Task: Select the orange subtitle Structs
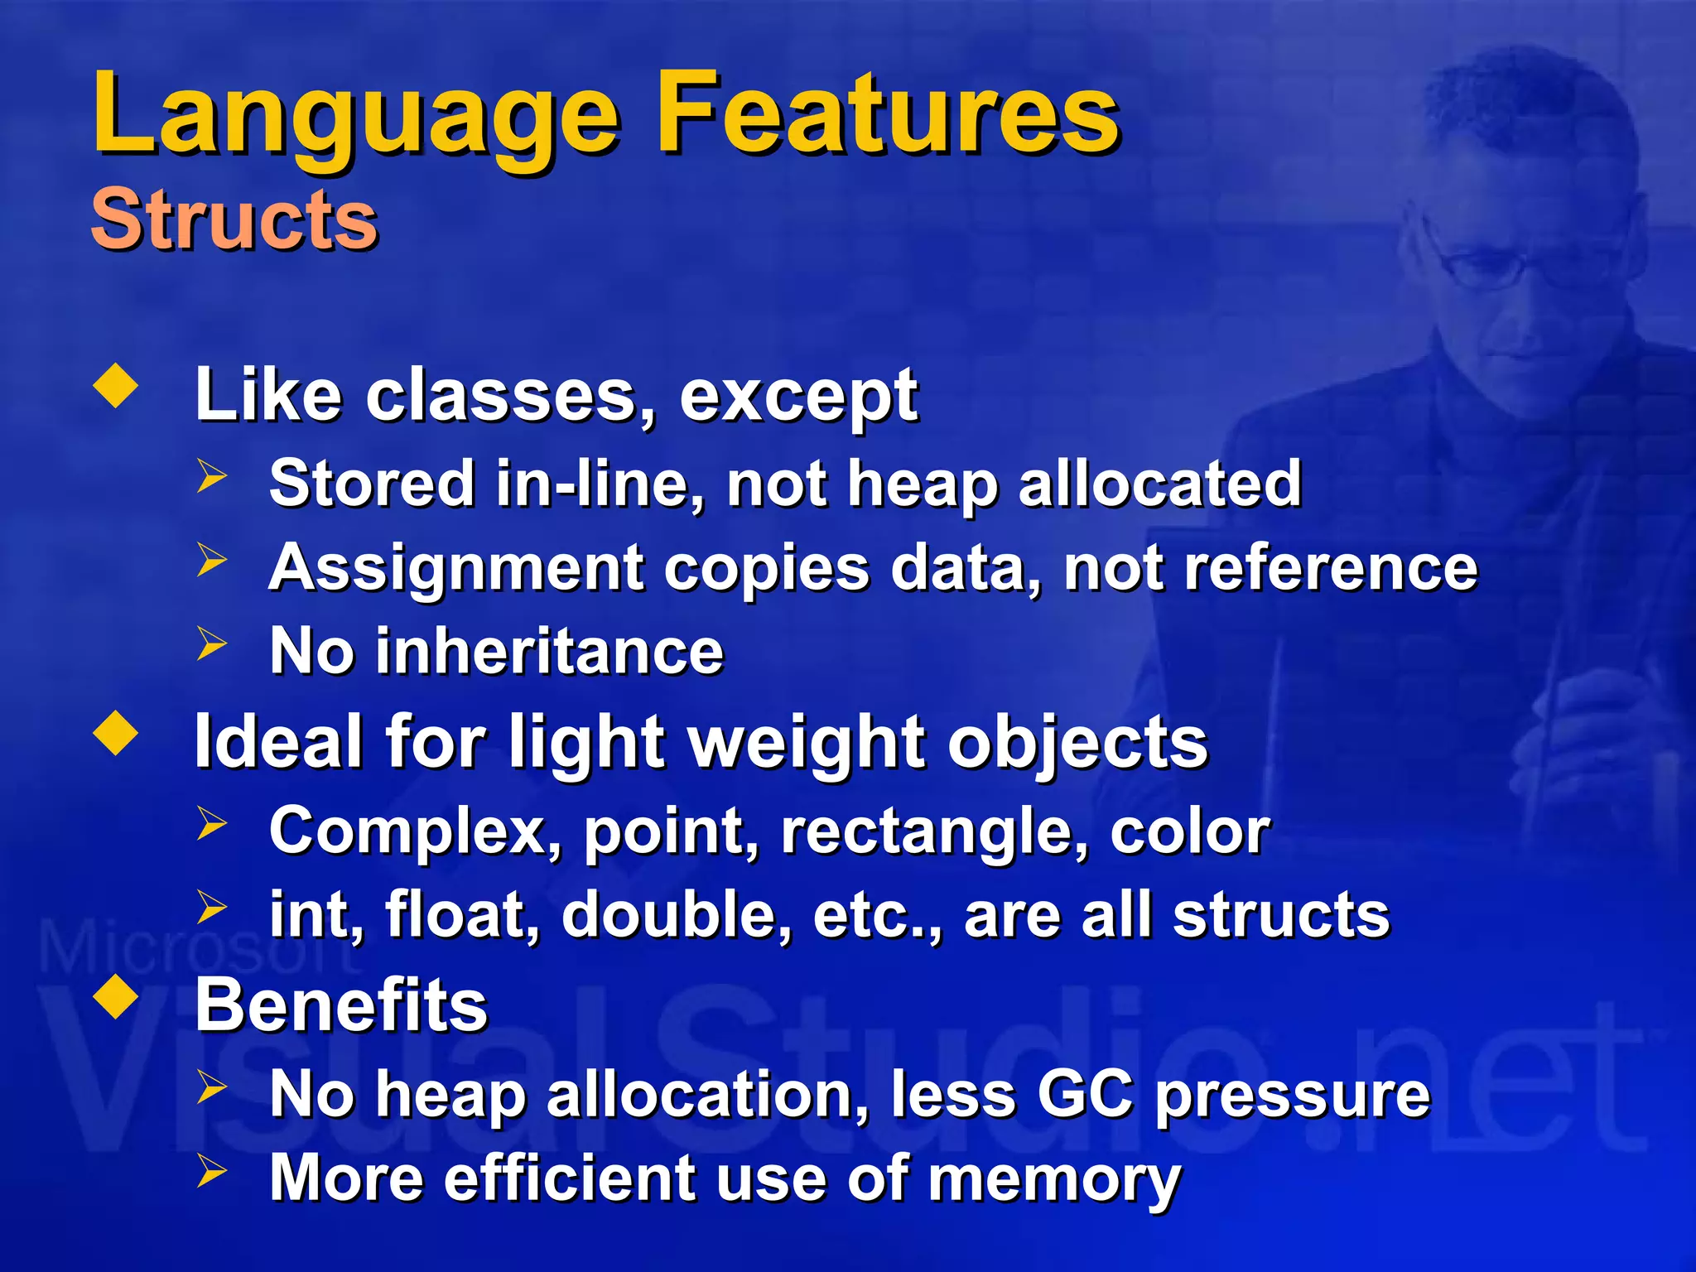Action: click(x=234, y=219)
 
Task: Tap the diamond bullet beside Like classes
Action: click(x=116, y=387)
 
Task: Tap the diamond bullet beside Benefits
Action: click(x=116, y=998)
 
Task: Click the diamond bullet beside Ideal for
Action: click(x=116, y=734)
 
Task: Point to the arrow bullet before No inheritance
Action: click(x=212, y=644)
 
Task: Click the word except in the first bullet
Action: click(x=798, y=396)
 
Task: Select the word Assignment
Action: click(x=456, y=570)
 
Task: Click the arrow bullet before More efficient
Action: click(x=212, y=1171)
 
